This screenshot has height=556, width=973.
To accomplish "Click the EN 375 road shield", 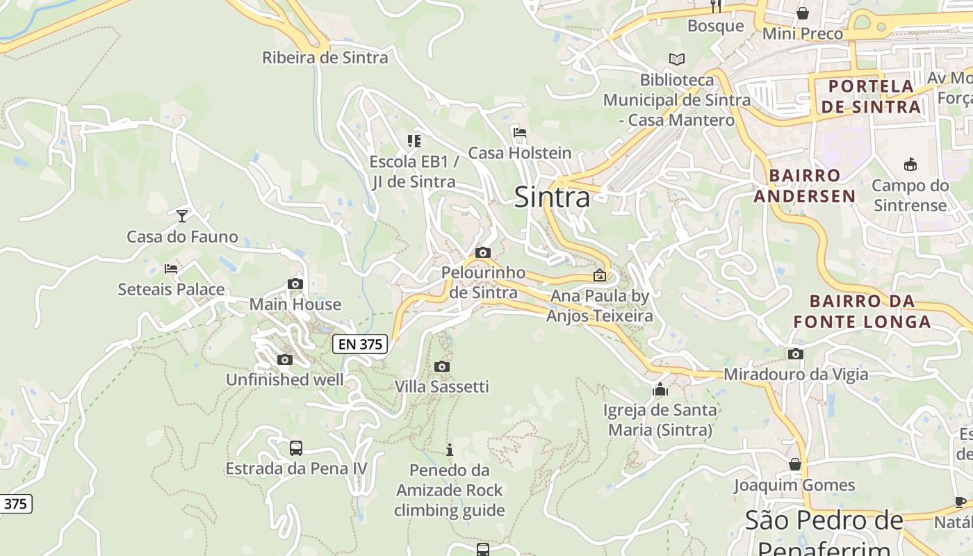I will [359, 343].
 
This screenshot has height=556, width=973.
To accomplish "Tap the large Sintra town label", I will [552, 197].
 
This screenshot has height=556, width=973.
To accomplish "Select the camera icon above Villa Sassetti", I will [441, 366].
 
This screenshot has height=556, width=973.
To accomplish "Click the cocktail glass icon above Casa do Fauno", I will [182, 215].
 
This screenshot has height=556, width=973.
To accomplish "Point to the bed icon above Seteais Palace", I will [171, 268].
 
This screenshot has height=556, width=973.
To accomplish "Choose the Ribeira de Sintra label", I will [325, 58].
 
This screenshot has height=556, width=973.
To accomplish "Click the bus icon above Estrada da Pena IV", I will [296, 448].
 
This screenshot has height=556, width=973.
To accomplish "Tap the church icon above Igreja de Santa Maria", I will [660, 389].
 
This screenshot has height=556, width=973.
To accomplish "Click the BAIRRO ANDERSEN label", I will [805, 186].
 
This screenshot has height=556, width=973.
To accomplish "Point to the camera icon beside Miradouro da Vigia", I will [796, 354].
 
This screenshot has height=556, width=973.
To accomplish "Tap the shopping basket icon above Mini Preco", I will [803, 13].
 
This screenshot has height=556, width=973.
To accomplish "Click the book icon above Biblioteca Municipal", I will [676, 59].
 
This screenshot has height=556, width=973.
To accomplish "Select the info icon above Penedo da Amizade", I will [450, 450].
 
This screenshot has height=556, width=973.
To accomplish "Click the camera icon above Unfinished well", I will [284, 359].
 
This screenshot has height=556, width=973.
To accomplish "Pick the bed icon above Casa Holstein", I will [519, 132].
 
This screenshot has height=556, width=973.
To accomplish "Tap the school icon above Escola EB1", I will [414, 141].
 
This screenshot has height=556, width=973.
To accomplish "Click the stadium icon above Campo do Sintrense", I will [910, 165].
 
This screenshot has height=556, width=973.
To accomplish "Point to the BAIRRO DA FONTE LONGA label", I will [862, 311].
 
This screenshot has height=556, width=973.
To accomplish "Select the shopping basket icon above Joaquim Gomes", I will [794, 464].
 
